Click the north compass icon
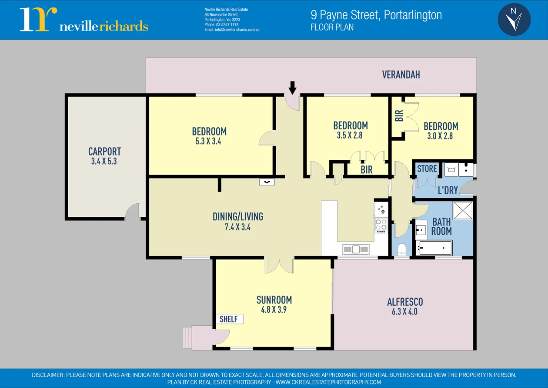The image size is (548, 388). pos(514,20)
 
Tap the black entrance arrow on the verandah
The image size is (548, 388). pos(292,88)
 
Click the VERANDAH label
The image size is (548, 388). pos(401,75)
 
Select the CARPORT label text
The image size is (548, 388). pos(104,152)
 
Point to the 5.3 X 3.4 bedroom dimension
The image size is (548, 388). pos(209,141)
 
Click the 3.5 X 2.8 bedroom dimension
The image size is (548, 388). pos(350,135)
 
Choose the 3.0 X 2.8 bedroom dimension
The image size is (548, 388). pos(440,136)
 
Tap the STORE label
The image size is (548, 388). pos(427,169)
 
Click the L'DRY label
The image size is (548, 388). pos(448,191)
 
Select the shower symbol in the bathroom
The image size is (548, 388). pos(463,211)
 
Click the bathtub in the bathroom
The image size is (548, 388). pos(434,248)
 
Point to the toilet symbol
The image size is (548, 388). pos(401,250)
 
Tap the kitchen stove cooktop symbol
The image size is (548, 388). pos(381,224)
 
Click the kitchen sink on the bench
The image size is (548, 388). pos(356,249)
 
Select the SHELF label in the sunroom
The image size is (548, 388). pos(229,319)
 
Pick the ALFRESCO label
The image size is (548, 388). pos(404,302)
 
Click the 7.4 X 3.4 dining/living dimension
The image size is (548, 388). pos(237,227)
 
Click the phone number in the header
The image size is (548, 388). pos(221,25)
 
